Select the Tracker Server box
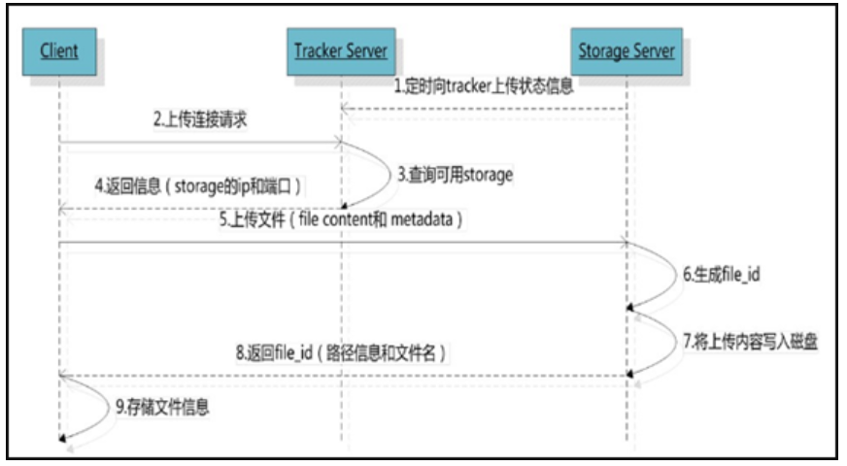click(341, 49)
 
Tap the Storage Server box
click(626, 49)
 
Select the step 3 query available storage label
click(454, 176)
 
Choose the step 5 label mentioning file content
click(346, 221)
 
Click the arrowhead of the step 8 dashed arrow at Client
click(63, 375)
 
